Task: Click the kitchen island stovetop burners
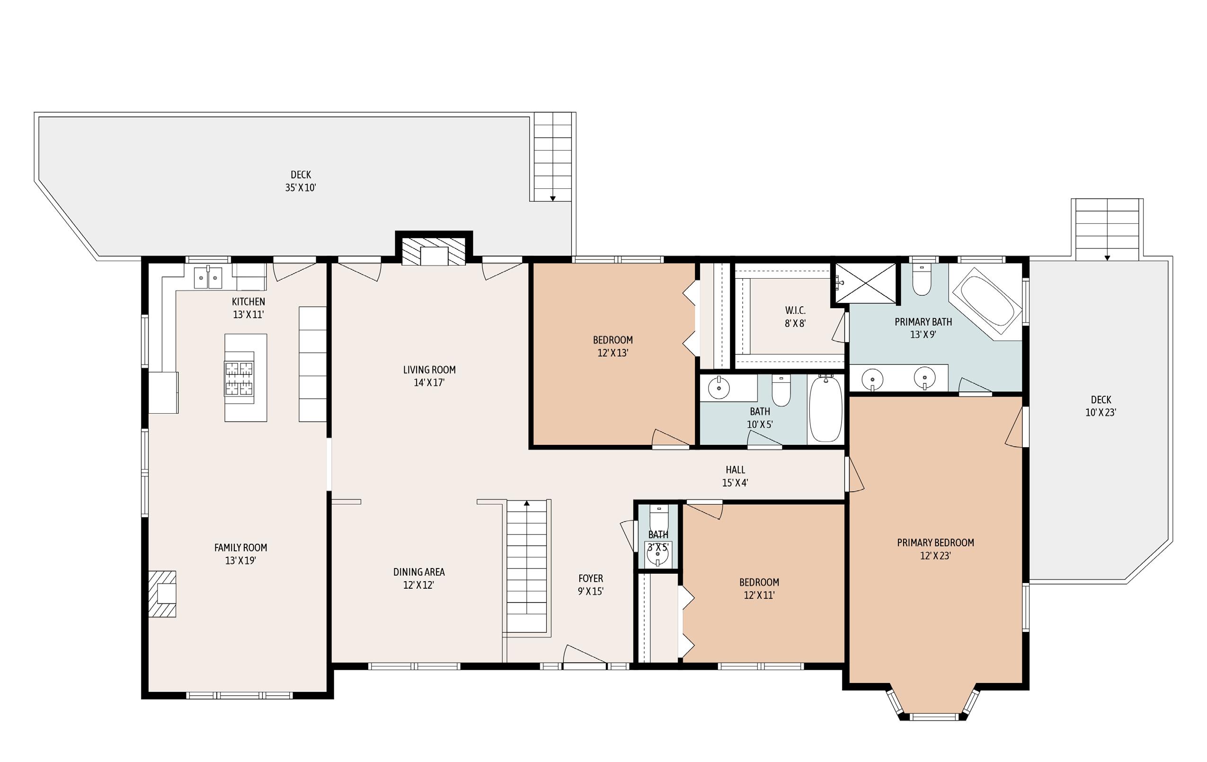pyautogui.click(x=240, y=379)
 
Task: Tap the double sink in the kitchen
pyautogui.click(x=208, y=277)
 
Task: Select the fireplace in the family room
pyautogui.click(x=162, y=594)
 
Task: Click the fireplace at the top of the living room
pyautogui.click(x=434, y=251)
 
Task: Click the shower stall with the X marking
pyautogui.click(x=866, y=283)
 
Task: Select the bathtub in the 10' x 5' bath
pyautogui.click(x=825, y=409)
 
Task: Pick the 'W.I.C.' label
pyautogui.click(x=795, y=310)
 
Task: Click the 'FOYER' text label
pyautogui.click(x=590, y=578)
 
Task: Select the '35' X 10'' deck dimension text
pyautogui.click(x=301, y=187)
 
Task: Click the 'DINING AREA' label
pyautogui.click(x=419, y=572)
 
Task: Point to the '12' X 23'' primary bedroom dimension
pyautogui.click(x=935, y=556)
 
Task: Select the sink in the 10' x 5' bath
pyautogui.click(x=719, y=388)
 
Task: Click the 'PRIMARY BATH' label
pyautogui.click(x=923, y=322)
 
